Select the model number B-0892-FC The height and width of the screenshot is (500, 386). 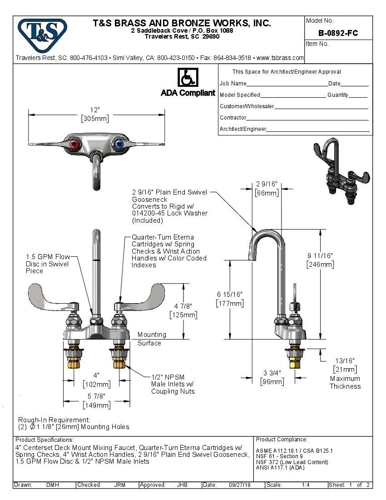[x=338, y=33]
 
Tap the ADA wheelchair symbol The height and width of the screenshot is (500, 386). [x=187, y=77]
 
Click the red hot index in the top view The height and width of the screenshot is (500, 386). [x=73, y=145]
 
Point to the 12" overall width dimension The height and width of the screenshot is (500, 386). [x=95, y=110]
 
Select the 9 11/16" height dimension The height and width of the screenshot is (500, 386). [x=320, y=256]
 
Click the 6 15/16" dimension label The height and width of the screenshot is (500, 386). [x=230, y=295]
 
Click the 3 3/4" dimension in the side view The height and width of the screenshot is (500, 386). [x=272, y=373]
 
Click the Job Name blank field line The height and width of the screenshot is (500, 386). [x=287, y=85]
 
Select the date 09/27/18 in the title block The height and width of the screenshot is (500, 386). [x=240, y=485]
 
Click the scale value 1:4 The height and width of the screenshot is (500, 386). [x=306, y=485]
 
